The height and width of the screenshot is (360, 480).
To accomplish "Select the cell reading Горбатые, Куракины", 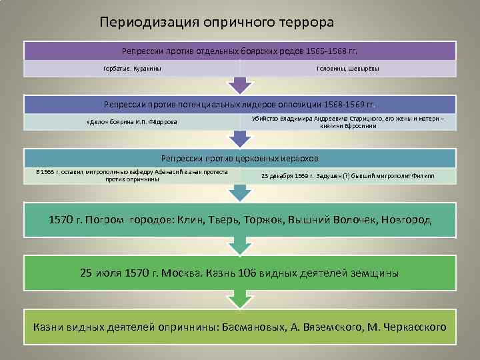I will tap(132, 69).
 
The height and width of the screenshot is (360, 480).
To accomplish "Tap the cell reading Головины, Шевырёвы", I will tap(347, 69).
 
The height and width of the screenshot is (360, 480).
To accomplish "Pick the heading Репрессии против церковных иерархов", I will tap(240, 159).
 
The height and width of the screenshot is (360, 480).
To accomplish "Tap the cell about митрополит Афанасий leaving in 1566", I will tap(133, 175).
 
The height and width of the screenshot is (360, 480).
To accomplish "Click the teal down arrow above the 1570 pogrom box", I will tap(240, 194).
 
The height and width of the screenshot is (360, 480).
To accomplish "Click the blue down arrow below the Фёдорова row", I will tap(240, 139).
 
